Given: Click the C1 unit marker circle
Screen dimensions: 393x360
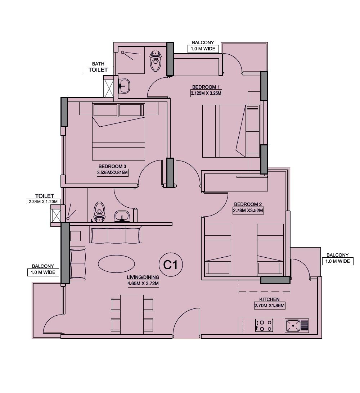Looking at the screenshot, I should tap(171, 265).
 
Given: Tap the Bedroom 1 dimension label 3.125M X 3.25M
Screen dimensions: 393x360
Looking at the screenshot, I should tap(205, 94).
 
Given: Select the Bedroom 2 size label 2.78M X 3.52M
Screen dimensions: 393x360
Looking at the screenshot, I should tap(248, 211).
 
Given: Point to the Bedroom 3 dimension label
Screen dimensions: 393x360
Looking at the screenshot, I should tap(112, 173).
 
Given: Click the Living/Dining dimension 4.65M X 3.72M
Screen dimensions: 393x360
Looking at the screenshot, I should tap(143, 284).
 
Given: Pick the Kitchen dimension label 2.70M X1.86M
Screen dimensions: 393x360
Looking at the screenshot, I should tap(269, 306).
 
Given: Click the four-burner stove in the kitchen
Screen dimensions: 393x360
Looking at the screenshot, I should tap(264, 325).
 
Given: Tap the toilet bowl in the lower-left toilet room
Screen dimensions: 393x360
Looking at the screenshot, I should tap(99, 212).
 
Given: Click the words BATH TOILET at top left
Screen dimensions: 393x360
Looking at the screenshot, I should tap(98, 67).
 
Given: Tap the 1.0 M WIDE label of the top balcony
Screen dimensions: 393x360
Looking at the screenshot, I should tap(203, 49).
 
